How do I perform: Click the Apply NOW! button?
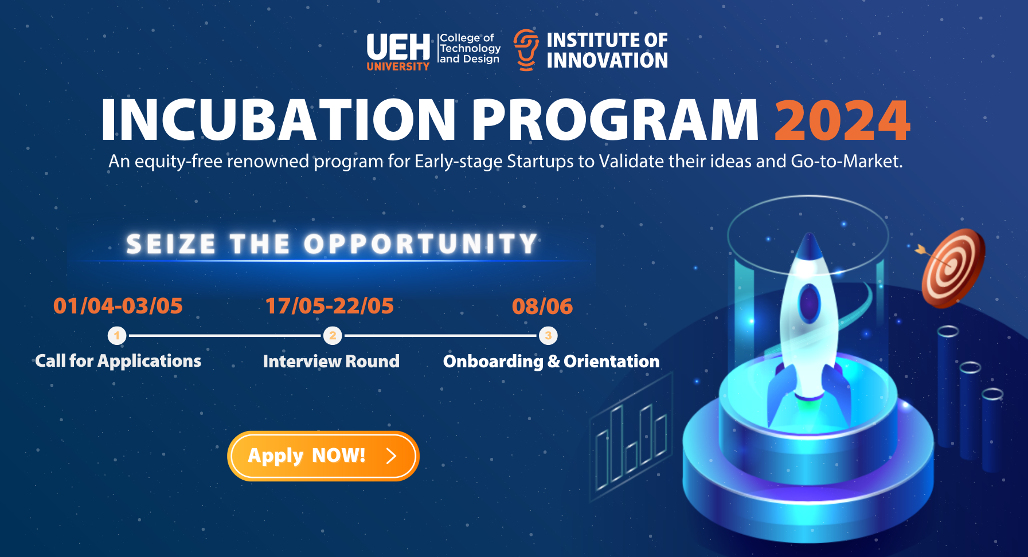click(x=323, y=456)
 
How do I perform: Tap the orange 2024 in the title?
click(x=842, y=120)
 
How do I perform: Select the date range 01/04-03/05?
click(x=118, y=306)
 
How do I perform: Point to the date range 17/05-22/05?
click(x=330, y=306)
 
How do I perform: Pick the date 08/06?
click(x=542, y=306)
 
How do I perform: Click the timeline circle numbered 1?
click(x=117, y=335)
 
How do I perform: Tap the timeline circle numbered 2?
click(x=333, y=335)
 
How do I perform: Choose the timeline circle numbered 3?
click(x=548, y=335)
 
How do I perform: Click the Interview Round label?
click(x=331, y=361)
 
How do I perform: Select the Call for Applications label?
click(x=118, y=361)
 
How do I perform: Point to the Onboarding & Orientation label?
click(x=552, y=361)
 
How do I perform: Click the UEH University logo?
click(x=398, y=52)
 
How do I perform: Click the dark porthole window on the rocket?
click(x=809, y=303)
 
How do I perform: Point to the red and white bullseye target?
click(x=953, y=268)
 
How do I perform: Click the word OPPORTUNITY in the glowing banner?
click(x=420, y=244)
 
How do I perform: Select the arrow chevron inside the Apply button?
click(x=392, y=456)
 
